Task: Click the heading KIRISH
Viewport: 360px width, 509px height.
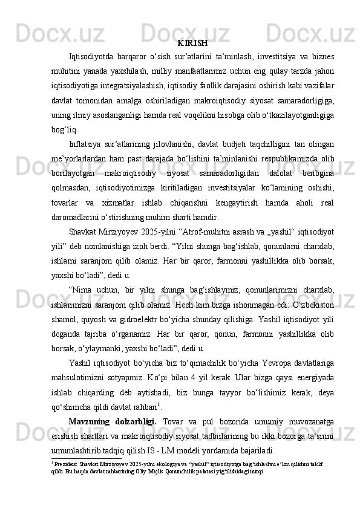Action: coord(193,44)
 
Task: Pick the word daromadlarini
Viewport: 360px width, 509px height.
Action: coord(77,216)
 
